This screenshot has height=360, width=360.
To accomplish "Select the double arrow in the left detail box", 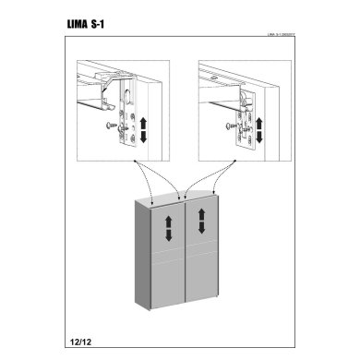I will [x=141, y=129].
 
